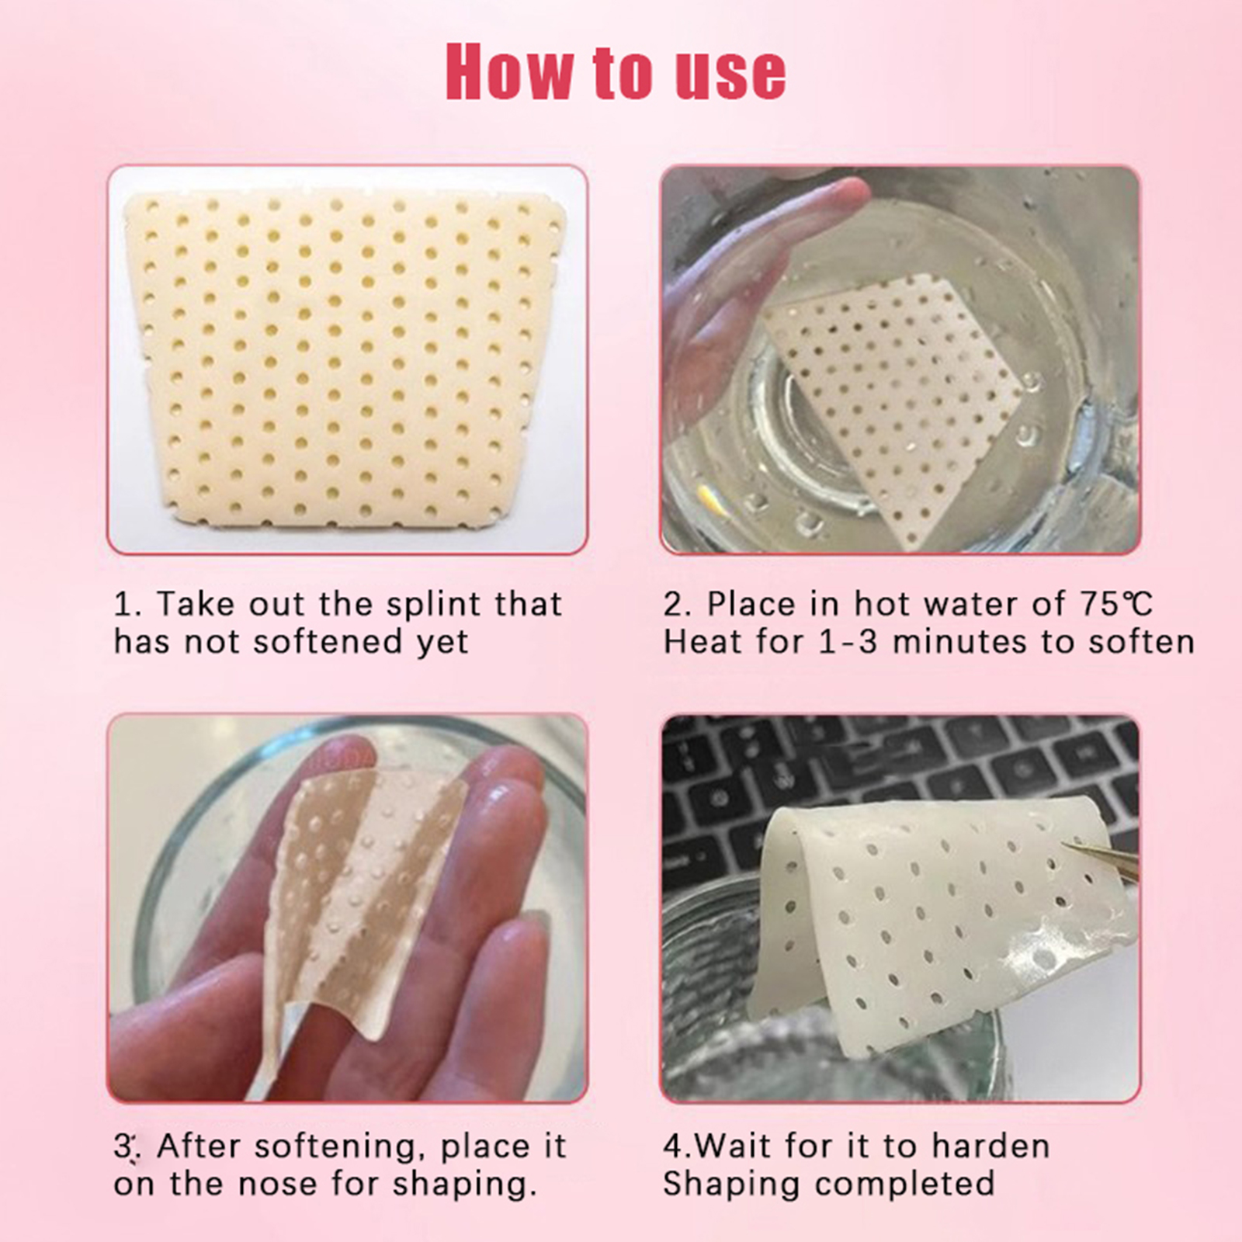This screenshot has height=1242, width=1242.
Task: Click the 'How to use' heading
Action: click(616, 72)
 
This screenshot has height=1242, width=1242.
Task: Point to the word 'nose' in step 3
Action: click(282, 1185)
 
